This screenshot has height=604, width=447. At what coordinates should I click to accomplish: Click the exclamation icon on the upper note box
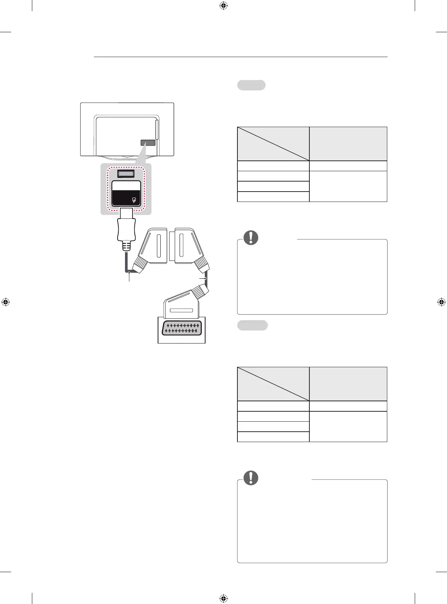[251, 237]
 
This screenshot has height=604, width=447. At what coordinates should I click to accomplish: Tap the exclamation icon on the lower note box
[251, 478]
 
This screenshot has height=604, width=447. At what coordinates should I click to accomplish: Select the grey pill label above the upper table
[251, 85]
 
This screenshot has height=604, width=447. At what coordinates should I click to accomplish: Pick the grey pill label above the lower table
[252, 325]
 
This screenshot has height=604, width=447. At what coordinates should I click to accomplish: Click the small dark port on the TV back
[148, 143]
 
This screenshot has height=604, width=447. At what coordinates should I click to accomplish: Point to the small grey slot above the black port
[126, 174]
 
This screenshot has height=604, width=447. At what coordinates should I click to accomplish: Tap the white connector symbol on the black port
[134, 200]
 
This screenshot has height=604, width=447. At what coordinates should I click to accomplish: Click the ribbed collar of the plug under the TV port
[126, 246]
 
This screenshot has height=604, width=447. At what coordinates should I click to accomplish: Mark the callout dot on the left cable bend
[129, 273]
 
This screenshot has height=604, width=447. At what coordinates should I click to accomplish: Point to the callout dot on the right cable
[206, 278]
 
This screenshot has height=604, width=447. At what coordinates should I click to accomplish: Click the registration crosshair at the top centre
[223, 6]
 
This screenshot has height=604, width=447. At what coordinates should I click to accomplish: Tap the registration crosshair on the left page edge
[6, 302]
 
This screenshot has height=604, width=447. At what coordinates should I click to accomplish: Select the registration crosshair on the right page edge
[441, 302]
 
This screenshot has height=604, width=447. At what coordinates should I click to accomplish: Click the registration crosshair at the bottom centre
[223, 598]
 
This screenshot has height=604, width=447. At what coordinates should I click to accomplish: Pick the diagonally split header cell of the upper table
[273, 144]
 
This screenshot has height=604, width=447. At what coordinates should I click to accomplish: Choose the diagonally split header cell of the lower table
[273, 384]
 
